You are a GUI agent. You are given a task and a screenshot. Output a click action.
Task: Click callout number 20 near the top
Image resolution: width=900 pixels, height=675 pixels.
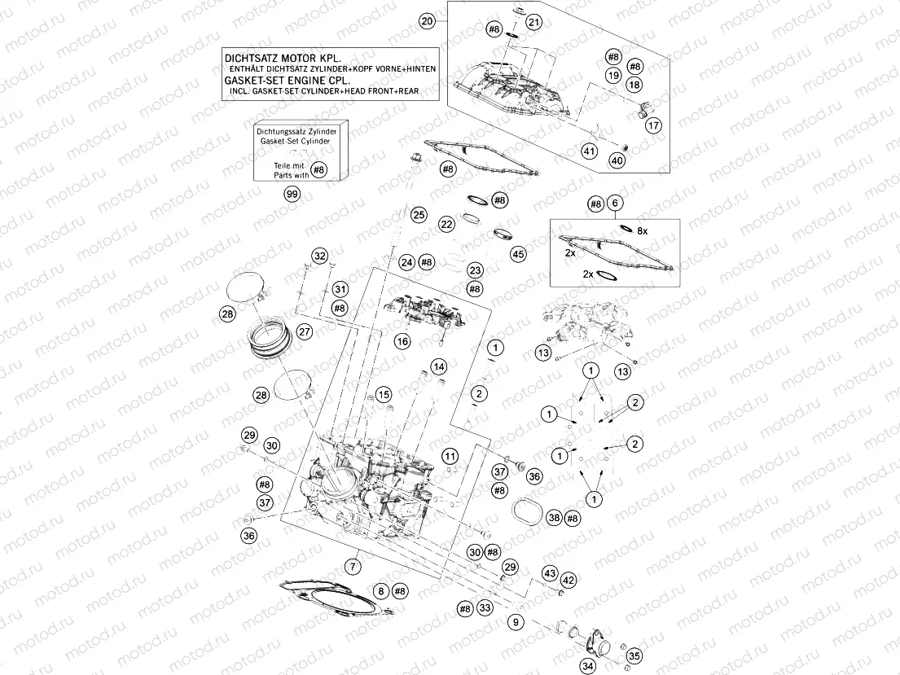(x=426, y=22)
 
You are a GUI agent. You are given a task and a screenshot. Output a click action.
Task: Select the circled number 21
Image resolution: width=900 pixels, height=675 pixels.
(x=533, y=22)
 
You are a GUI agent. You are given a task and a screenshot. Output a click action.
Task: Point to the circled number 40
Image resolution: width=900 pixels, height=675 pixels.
(x=617, y=161)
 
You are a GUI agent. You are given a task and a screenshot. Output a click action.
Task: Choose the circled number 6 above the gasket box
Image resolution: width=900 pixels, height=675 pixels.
(x=616, y=204)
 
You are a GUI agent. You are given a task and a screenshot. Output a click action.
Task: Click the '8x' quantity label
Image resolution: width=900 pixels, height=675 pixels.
(x=642, y=231)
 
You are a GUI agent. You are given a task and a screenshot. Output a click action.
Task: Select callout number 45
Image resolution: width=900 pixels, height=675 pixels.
(x=518, y=254)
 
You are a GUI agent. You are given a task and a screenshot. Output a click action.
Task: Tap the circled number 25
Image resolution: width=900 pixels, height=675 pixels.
(x=419, y=215)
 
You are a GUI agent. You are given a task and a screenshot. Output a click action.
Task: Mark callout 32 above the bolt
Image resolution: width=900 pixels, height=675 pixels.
(x=320, y=256)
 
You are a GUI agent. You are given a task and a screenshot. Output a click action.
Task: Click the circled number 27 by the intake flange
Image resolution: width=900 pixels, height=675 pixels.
(x=305, y=331)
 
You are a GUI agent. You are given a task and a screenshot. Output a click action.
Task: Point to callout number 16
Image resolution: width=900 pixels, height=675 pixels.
(x=402, y=342)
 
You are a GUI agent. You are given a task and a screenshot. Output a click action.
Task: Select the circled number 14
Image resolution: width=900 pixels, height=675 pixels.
(x=438, y=366)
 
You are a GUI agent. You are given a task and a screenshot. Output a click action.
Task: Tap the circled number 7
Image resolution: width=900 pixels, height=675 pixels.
(x=353, y=565)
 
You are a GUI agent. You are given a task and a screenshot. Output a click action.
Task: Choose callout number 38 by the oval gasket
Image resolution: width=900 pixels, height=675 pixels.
(x=555, y=518)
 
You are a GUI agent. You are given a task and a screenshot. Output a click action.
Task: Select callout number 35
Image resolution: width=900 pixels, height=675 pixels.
(x=634, y=655)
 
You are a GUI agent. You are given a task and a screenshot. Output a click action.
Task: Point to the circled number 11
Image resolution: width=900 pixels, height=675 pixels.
(x=450, y=455)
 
